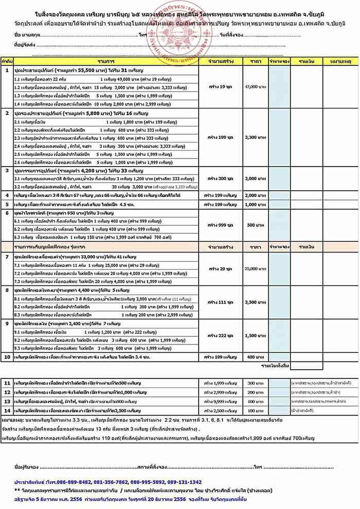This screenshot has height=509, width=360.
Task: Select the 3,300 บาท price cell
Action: coord(255,138)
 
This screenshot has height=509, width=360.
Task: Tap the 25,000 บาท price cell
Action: coord(255,269)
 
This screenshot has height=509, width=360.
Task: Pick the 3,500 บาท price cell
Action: coord(255,302)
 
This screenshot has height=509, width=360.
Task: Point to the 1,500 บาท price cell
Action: coord(255,335)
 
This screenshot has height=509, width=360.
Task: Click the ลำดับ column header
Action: coord(7,61)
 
